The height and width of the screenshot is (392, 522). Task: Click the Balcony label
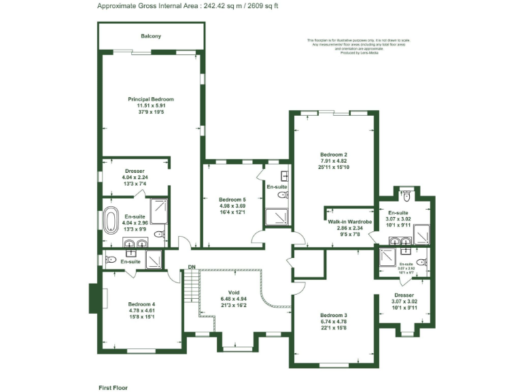[x=151, y=36]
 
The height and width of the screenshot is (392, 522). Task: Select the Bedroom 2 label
[x=333, y=154]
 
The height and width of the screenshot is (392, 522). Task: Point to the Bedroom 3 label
[x=333, y=315]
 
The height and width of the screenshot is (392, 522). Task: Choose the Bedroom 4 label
[x=142, y=304]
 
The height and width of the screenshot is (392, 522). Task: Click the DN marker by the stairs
[x=192, y=267]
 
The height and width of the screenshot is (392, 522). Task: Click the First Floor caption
[x=113, y=387]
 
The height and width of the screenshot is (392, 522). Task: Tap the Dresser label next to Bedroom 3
[x=404, y=295]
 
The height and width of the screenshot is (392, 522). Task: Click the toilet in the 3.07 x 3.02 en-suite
[x=406, y=199]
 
